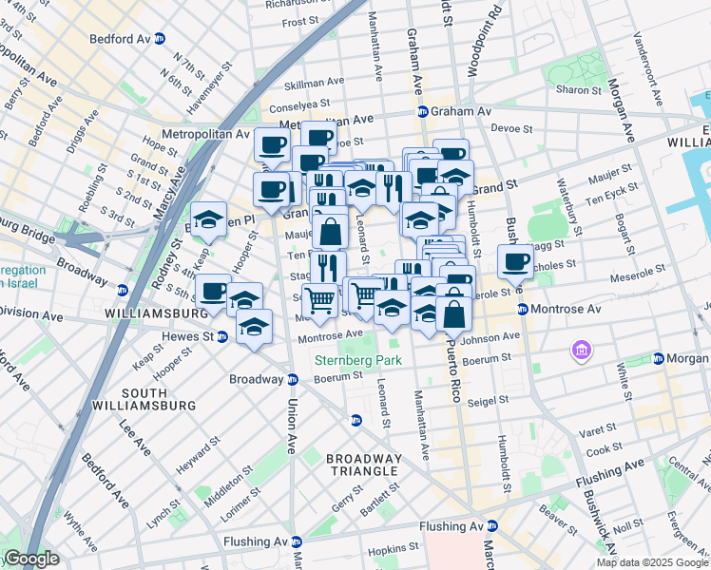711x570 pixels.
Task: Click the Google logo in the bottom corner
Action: (x=30, y=560)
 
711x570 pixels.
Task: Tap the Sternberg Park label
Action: (x=358, y=360)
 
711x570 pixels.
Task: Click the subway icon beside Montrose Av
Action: (x=523, y=309)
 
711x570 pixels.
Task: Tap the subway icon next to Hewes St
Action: (x=221, y=335)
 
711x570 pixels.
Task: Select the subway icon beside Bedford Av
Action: (x=160, y=39)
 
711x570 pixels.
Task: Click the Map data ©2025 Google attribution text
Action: (x=651, y=562)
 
